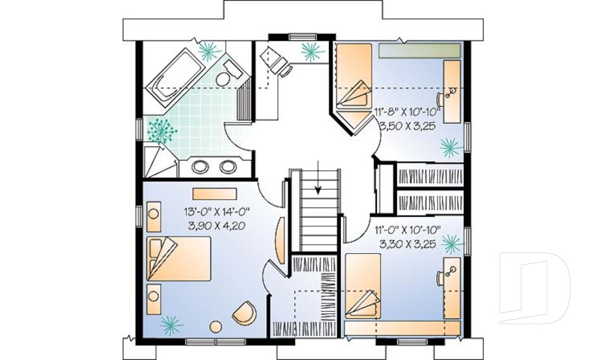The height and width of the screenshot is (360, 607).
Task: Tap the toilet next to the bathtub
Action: click(224, 77)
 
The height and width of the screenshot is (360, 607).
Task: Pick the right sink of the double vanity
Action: click(226, 168)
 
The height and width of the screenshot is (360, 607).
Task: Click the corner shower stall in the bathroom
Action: click(158, 161)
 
